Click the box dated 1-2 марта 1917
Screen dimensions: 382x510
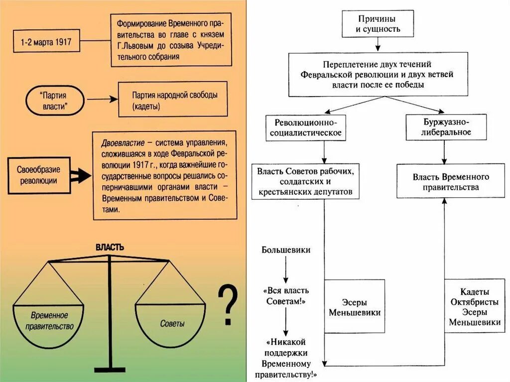point(46,42)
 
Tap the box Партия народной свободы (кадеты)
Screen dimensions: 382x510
point(175,100)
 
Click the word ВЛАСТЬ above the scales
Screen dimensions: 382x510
point(110,247)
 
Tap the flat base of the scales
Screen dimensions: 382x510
point(110,369)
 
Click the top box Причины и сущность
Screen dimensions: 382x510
point(378,24)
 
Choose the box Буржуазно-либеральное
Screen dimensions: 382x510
point(439,127)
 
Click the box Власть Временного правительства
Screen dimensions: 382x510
point(444,182)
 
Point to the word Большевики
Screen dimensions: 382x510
point(286,250)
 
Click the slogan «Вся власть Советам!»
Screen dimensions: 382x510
point(286,296)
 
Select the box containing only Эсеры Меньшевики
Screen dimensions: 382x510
point(354,307)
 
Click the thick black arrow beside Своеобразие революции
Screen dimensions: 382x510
point(80,175)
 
